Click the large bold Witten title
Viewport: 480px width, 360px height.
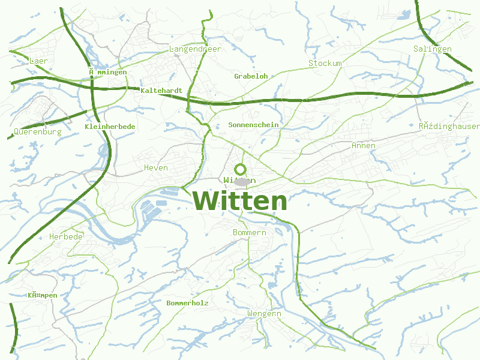[x=240, y=201]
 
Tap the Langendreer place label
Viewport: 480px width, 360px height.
[x=196, y=49]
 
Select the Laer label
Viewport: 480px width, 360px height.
[x=38, y=61]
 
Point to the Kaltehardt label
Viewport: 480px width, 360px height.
[x=161, y=91]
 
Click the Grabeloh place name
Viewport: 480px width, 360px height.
[x=251, y=76]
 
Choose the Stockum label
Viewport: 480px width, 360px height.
[x=325, y=63]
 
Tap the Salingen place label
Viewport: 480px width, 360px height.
[x=432, y=49]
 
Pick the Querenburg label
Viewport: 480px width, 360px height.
[x=37, y=131]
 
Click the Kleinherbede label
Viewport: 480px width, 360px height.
[x=110, y=127]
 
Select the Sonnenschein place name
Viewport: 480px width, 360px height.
[x=254, y=125]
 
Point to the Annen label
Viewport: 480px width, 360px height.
[x=363, y=145]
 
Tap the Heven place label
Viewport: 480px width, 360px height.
[x=156, y=167]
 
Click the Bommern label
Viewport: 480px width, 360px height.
[x=249, y=232]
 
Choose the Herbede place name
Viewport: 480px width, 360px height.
[x=66, y=236]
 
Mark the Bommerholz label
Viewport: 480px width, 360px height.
[x=187, y=303]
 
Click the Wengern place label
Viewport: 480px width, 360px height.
[x=264, y=313]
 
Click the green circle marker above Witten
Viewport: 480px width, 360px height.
[x=241, y=169]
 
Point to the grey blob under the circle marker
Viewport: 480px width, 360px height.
[x=242, y=182]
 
